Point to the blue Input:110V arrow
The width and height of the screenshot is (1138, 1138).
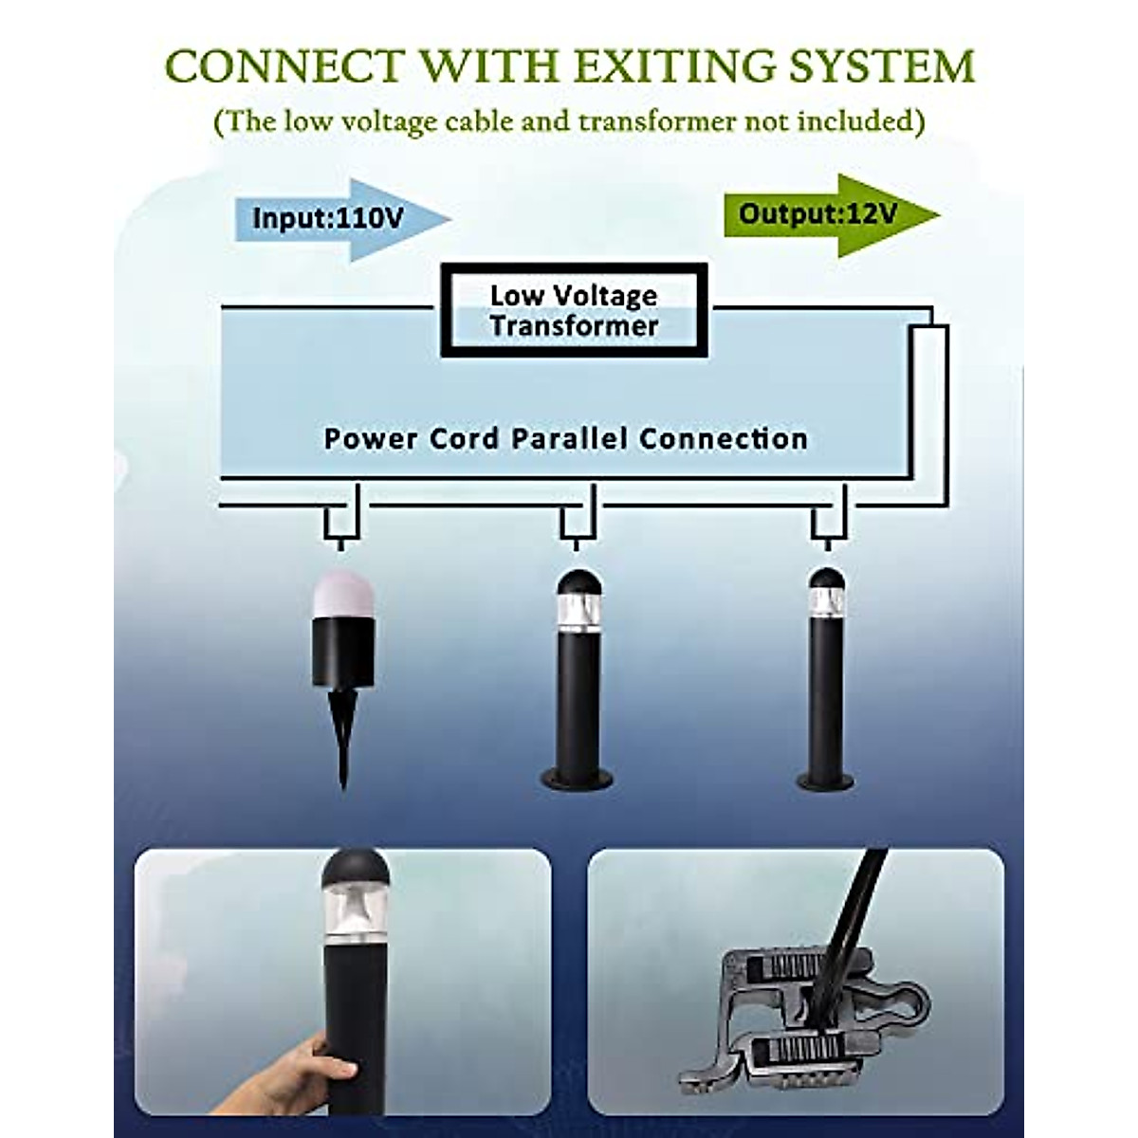point(341,218)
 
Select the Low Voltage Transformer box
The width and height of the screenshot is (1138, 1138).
point(574,311)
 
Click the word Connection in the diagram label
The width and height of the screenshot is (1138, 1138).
point(724,439)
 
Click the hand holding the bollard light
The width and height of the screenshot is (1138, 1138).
point(313,1043)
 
